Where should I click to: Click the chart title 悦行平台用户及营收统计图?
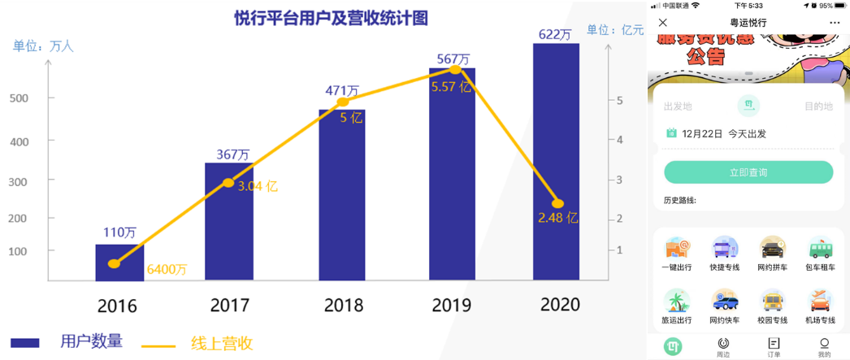tap(331, 17)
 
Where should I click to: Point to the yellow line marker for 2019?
tap(455, 70)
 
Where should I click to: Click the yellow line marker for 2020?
tap(557, 203)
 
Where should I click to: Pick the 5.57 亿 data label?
tap(452, 86)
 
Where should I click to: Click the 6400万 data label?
tap(166, 269)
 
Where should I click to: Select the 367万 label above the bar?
tap(233, 154)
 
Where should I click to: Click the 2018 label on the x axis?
tap(343, 306)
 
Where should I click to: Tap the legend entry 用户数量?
tap(91, 341)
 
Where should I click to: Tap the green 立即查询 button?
tap(748, 172)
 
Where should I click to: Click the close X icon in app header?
tap(663, 23)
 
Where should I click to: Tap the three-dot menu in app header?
tap(835, 23)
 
